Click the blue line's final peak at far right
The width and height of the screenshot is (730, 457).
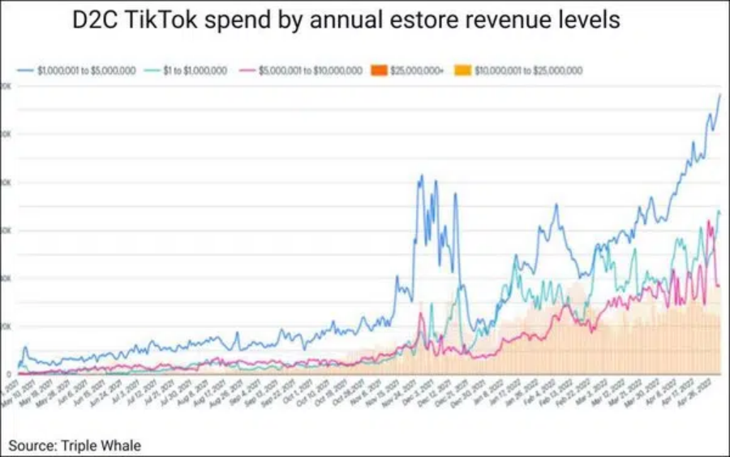pos(719,95)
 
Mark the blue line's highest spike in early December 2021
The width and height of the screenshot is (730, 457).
pos(422,175)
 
